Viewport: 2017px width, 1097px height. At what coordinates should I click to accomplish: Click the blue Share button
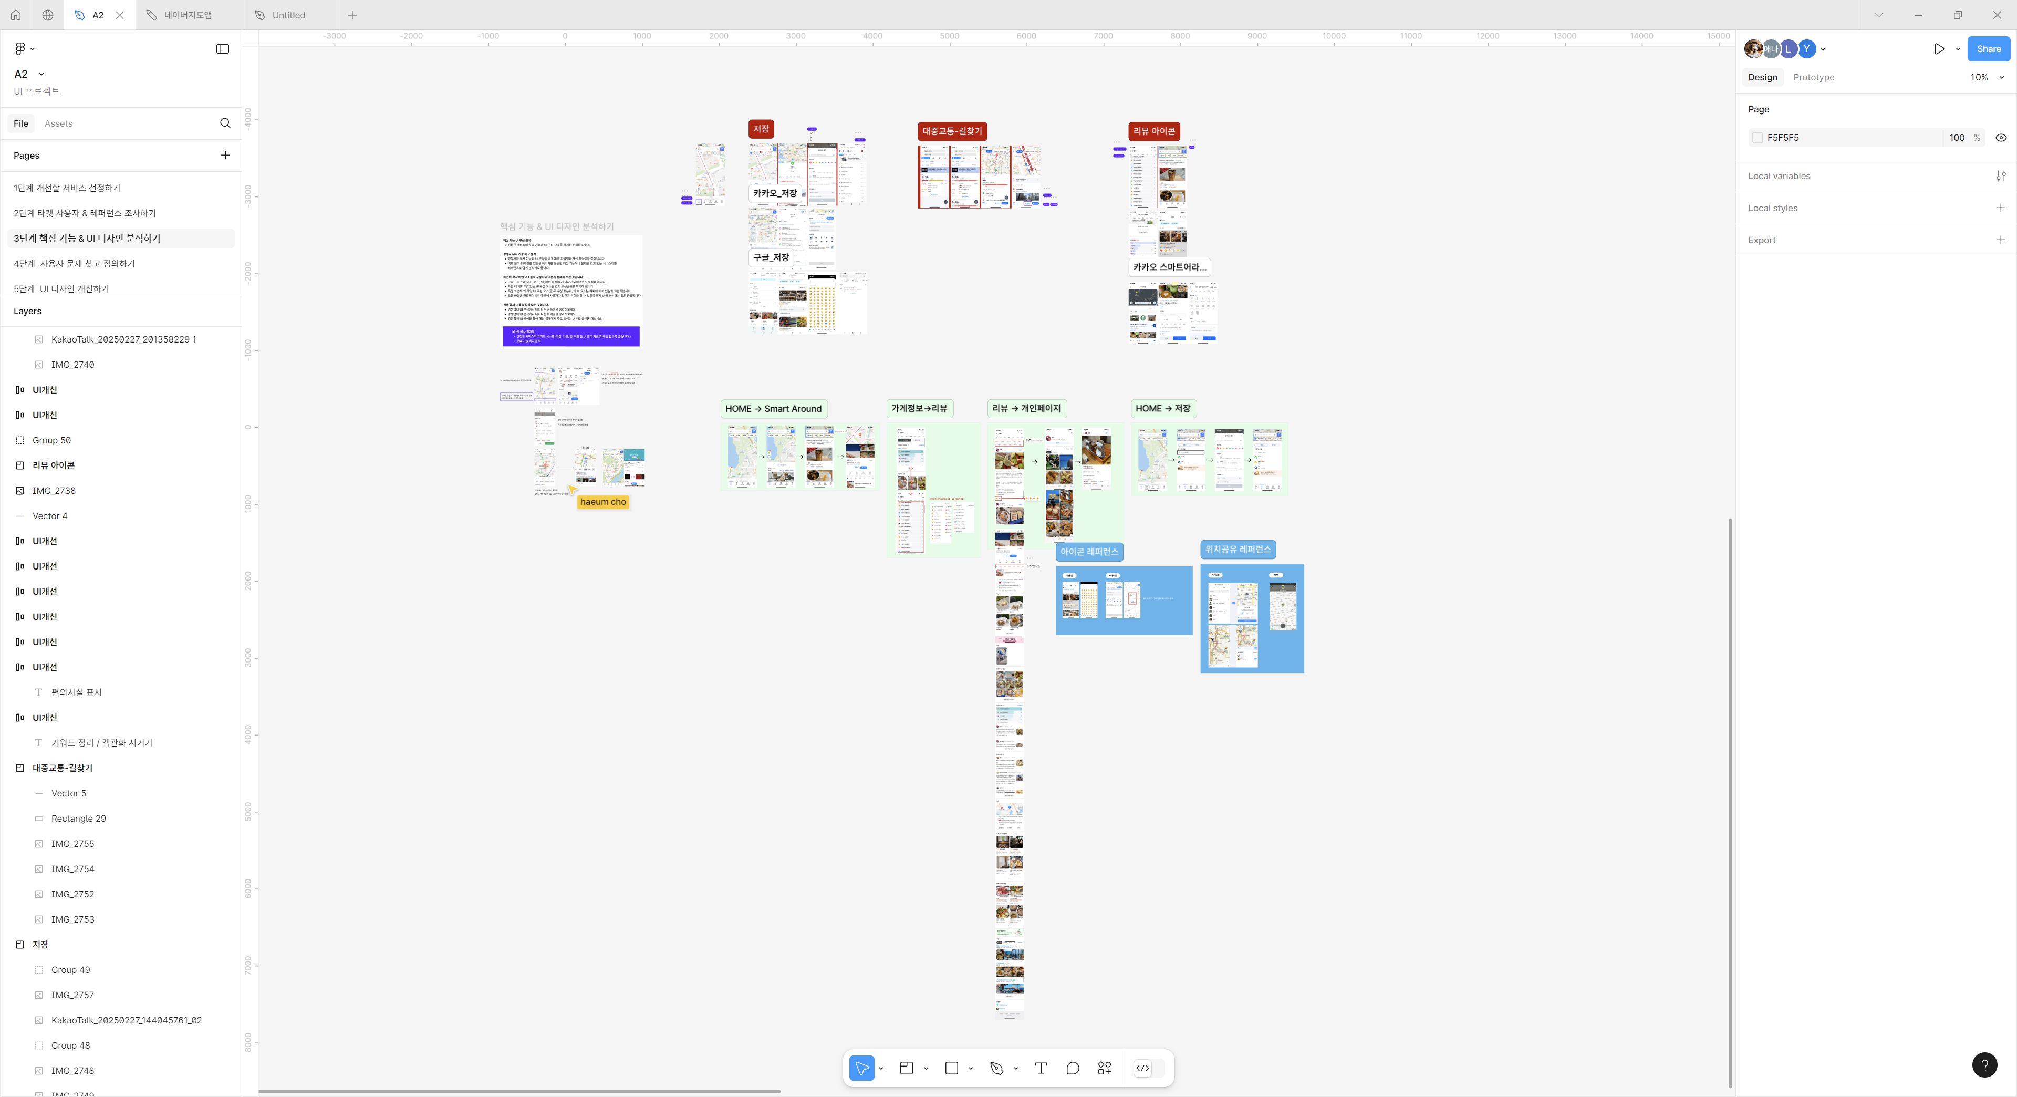point(1988,48)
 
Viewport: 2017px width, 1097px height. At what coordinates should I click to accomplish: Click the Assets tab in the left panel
point(58,123)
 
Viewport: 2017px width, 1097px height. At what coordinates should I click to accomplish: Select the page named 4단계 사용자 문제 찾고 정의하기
point(75,264)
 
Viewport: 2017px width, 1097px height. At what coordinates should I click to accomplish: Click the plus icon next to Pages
point(225,155)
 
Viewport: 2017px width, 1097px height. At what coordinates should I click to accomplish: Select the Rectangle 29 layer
point(78,818)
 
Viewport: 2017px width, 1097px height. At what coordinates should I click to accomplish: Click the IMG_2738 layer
point(54,491)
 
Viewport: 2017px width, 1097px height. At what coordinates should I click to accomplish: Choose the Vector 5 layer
point(69,793)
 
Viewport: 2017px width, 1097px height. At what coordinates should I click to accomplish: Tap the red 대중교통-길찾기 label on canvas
point(951,131)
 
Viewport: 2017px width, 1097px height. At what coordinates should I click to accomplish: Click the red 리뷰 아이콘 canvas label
point(1153,131)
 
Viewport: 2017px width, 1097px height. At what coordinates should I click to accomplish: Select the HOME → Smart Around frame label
point(773,409)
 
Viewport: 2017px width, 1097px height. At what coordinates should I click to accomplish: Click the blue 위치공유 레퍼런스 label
point(1237,550)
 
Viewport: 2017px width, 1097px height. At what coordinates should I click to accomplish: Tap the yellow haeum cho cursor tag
point(603,502)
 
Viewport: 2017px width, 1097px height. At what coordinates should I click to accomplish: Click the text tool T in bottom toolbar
point(1041,1068)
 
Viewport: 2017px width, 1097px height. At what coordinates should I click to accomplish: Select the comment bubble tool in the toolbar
point(1073,1068)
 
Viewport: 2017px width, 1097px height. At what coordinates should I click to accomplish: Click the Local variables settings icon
point(2000,176)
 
